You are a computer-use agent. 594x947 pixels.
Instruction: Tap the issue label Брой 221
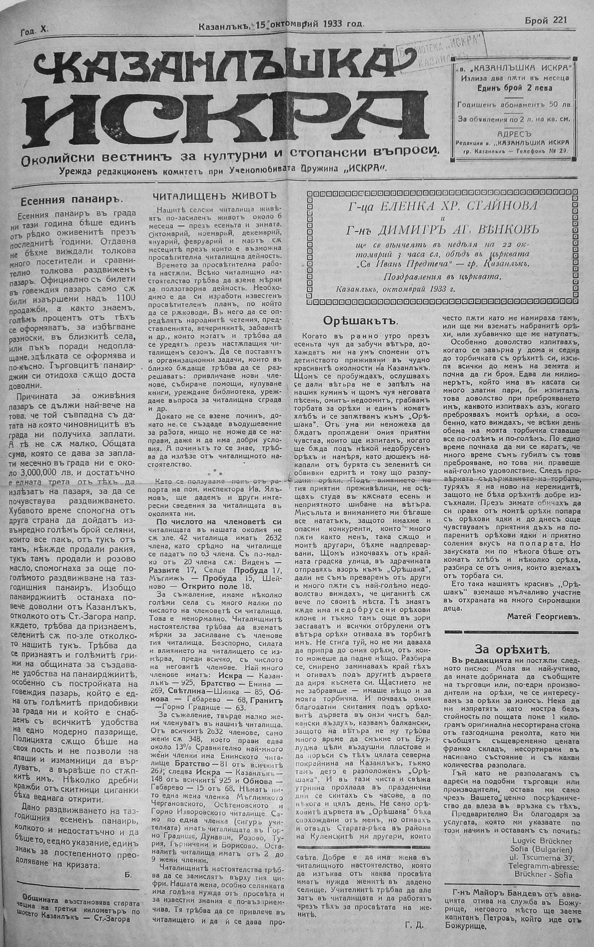tap(546, 20)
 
